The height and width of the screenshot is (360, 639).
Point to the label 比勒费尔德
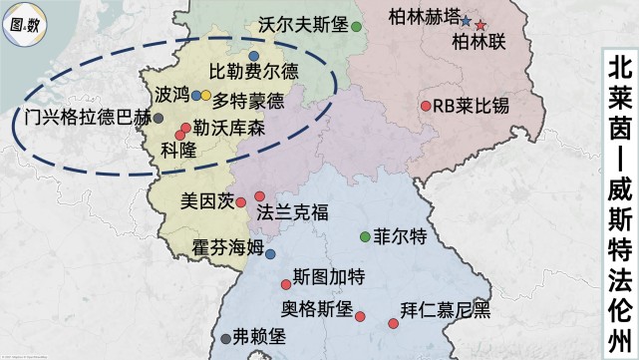252,73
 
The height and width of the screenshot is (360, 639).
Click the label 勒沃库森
229,129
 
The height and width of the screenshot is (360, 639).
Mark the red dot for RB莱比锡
426,106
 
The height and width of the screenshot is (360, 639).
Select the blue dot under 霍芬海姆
270,254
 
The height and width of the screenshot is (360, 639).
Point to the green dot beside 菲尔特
364,236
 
